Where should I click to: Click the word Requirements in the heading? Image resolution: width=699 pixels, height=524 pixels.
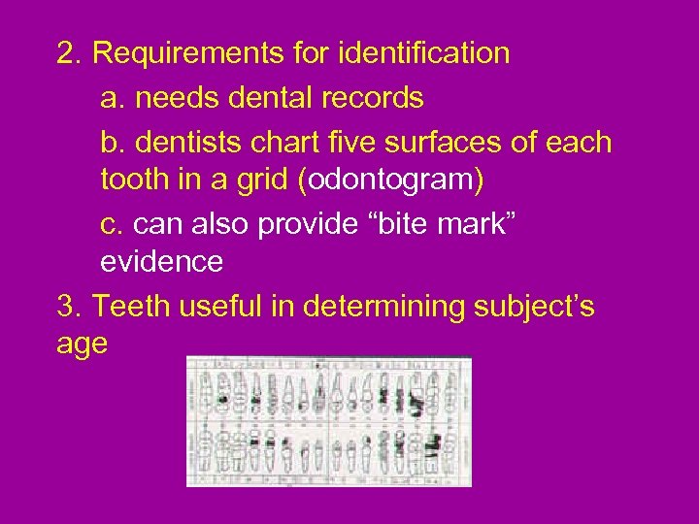click(x=181, y=54)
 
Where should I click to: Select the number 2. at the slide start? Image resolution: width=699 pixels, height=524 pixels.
click(x=70, y=53)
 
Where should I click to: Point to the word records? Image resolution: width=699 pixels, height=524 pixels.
click(x=376, y=98)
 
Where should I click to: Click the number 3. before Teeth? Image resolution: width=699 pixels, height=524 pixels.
click(x=70, y=307)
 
